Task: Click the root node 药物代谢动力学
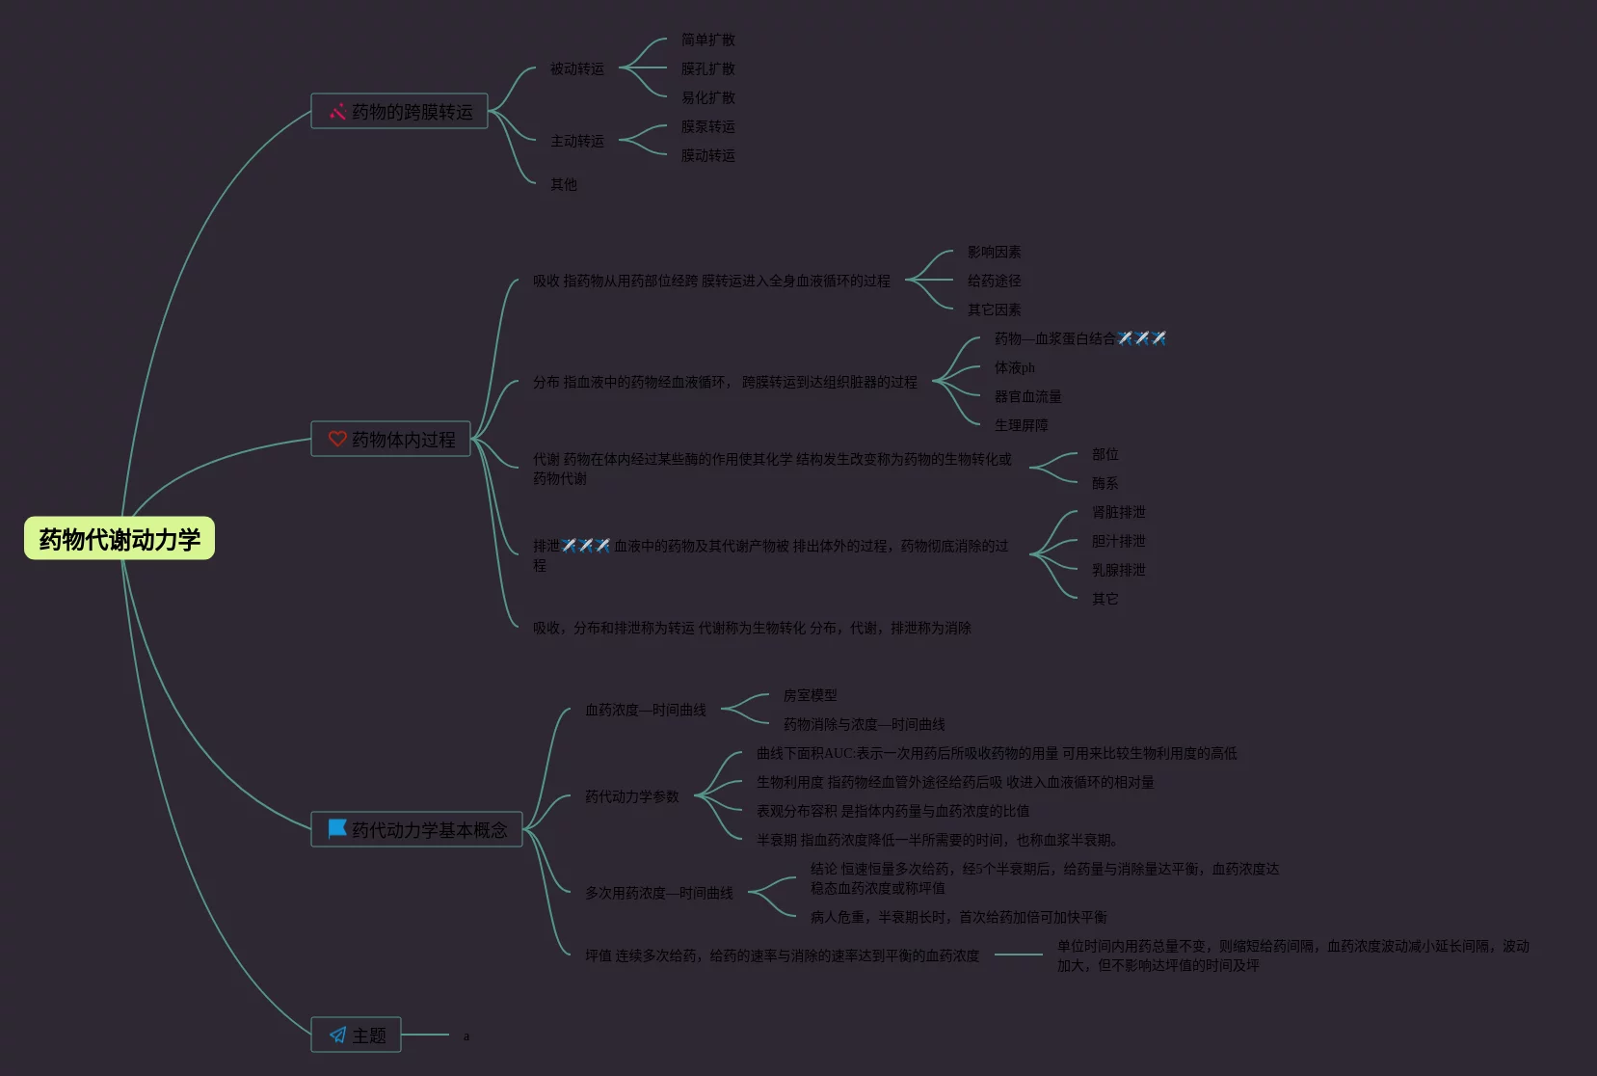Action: click(120, 539)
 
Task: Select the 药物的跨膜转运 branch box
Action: click(399, 112)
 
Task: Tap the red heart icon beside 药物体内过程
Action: click(337, 439)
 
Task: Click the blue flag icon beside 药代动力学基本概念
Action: click(336, 829)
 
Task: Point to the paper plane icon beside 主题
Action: click(337, 1036)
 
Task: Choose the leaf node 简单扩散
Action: click(707, 40)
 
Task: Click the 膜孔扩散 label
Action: click(707, 68)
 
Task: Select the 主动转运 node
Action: click(576, 141)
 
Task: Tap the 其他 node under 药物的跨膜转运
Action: click(563, 184)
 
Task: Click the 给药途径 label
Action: click(994, 281)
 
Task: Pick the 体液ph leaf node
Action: click(1014, 367)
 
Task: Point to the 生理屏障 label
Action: click(1021, 425)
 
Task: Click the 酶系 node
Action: click(1105, 483)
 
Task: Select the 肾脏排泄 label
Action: click(1118, 512)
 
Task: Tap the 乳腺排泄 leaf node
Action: click(1118, 570)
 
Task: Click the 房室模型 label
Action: click(810, 695)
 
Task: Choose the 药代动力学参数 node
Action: click(631, 796)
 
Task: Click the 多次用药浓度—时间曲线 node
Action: click(658, 893)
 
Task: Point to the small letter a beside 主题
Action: click(466, 1036)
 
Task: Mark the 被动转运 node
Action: click(576, 68)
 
